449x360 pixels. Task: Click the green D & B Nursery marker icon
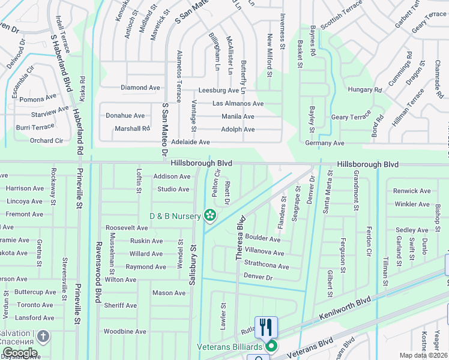(x=210, y=215)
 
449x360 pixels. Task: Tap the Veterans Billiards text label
(x=230, y=346)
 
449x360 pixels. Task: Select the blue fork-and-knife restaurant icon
(x=266, y=328)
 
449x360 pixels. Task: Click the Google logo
(x=20, y=353)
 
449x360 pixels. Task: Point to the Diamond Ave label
(x=140, y=88)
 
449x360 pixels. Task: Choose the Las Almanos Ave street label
(x=237, y=103)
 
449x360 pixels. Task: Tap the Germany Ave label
(x=324, y=143)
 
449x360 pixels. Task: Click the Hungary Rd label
(x=365, y=90)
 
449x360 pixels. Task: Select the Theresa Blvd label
(x=240, y=238)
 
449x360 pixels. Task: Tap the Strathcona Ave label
(x=267, y=266)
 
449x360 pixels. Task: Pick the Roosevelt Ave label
(x=127, y=228)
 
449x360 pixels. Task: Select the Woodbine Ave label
(x=125, y=331)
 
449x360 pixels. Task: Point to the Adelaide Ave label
(x=190, y=142)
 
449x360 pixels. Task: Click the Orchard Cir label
(x=47, y=141)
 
